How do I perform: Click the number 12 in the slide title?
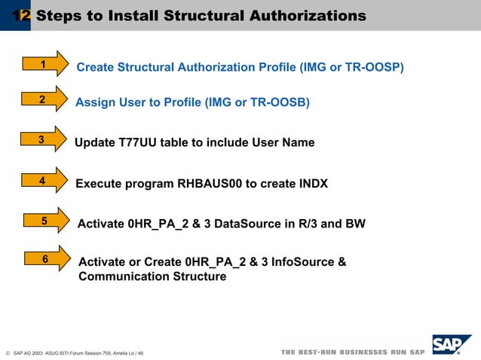pyautogui.click(x=21, y=16)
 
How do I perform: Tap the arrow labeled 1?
pyautogui.click(x=46, y=66)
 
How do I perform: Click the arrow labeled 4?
pyautogui.click(x=44, y=181)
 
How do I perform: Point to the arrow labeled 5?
pyautogui.click(x=46, y=221)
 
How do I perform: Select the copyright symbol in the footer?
pyautogui.click(x=7, y=352)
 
